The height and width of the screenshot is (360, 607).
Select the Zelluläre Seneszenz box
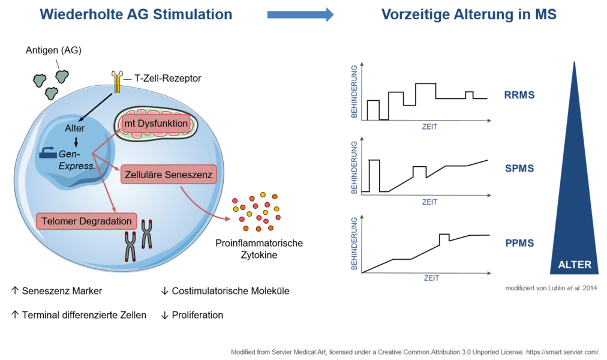pyautogui.click(x=169, y=174)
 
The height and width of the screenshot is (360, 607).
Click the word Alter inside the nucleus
pyautogui.click(x=75, y=128)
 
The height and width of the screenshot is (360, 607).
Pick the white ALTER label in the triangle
pyautogui.click(x=574, y=265)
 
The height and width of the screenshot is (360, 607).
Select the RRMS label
pyautogui.click(x=519, y=95)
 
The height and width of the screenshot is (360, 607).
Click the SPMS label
pyautogui.click(x=519, y=169)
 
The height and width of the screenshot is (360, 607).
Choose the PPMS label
pyautogui.click(x=519, y=244)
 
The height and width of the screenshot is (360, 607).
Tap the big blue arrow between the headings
pyautogui.click(x=300, y=14)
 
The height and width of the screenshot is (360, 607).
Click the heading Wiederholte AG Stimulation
pyautogui.click(x=136, y=14)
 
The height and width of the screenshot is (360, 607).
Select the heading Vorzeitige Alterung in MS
pyautogui.click(x=468, y=14)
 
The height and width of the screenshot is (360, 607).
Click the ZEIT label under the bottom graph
pyautogui.click(x=431, y=278)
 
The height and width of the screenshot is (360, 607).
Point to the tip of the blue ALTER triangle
pyautogui.click(x=574, y=63)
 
